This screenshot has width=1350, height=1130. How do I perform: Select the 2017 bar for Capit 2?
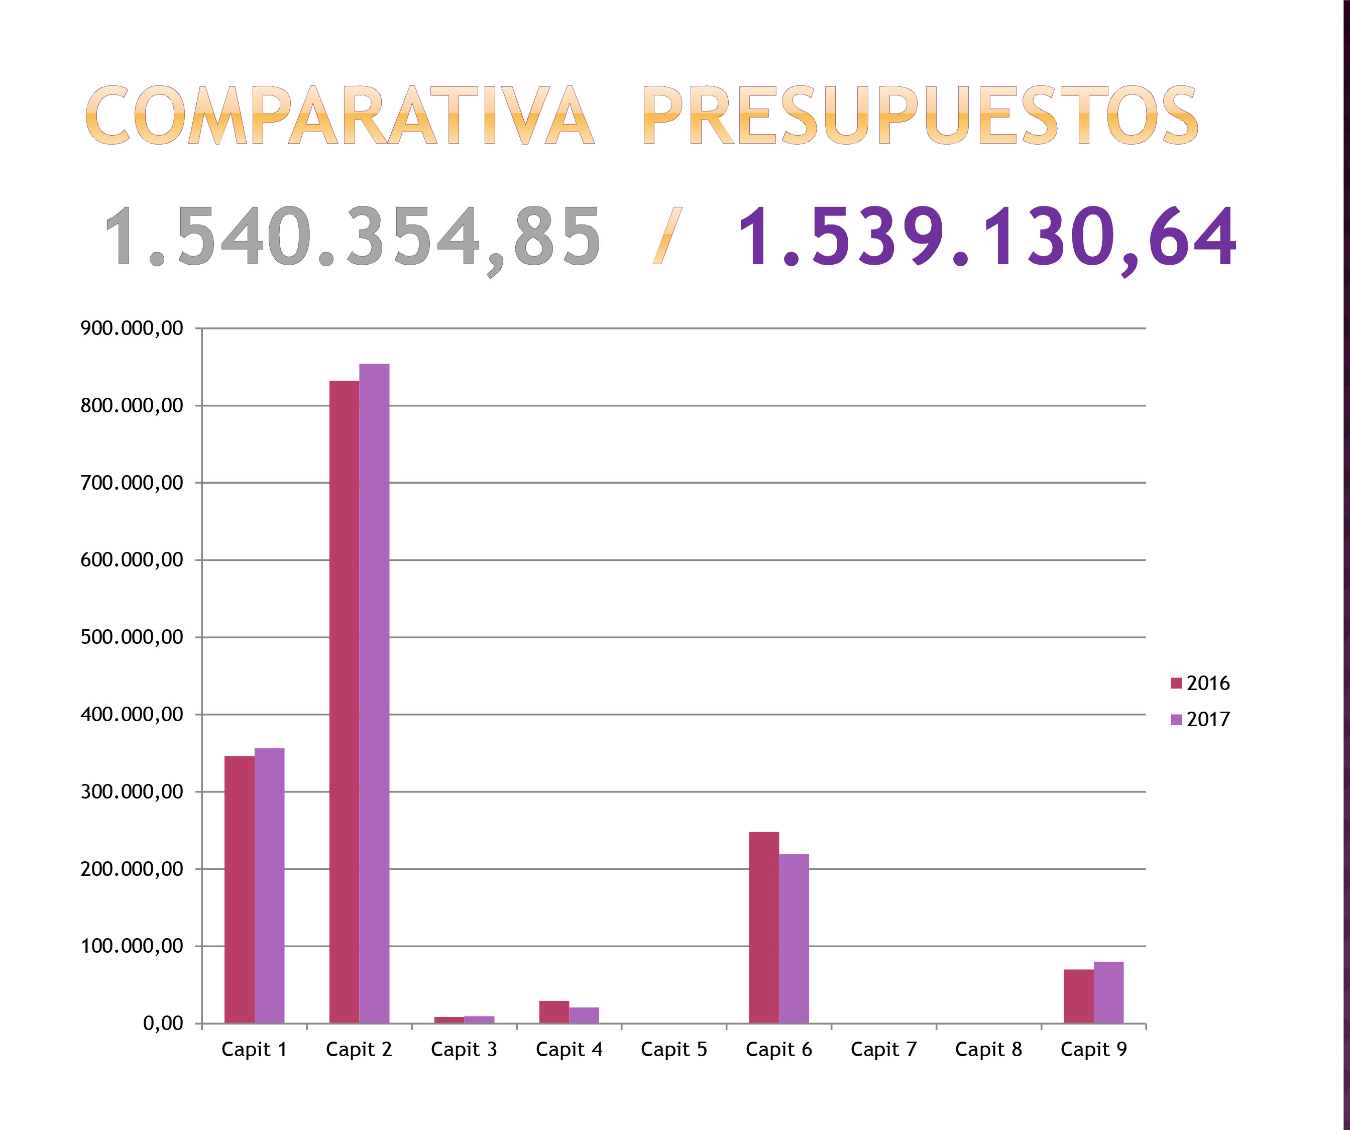tap(374, 693)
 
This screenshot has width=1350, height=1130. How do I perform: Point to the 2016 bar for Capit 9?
tap(1078, 996)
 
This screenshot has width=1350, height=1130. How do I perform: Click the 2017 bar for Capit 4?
tap(584, 1015)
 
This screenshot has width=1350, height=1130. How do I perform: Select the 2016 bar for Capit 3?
tap(448, 1020)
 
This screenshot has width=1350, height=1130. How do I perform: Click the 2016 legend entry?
tap(1200, 683)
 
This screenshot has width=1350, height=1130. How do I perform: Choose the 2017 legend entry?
tap(1200, 719)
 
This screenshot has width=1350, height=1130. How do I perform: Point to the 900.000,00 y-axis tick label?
tap(132, 328)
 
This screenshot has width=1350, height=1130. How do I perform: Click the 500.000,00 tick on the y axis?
tap(132, 637)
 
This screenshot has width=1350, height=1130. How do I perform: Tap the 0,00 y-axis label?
tap(163, 1024)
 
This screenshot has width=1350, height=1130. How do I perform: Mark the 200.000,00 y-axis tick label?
tap(132, 869)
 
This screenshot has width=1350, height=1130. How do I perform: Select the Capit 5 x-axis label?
tap(673, 1050)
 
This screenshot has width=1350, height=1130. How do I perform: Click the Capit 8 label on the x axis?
tap(988, 1050)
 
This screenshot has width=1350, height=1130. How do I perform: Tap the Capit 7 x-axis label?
tap(883, 1050)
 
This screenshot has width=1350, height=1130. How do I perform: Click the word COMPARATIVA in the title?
tap(340, 116)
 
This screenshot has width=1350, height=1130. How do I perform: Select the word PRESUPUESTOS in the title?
tap(920, 116)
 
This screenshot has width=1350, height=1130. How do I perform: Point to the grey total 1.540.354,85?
tap(352, 237)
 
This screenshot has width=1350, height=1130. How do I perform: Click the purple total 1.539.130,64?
tap(987, 237)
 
